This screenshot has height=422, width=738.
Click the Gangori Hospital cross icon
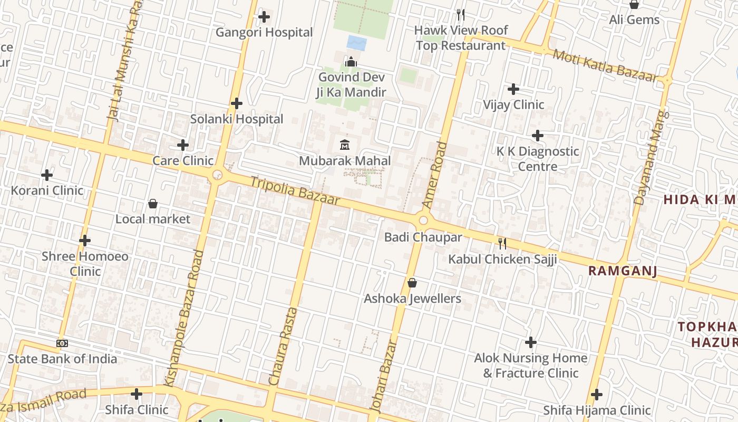click(x=264, y=17)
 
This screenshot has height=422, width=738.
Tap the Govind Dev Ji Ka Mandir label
click(x=351, y=84)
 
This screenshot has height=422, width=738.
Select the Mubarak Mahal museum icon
click(x=345, y=144)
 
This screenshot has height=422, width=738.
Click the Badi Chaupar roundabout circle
click(x=423, y=220)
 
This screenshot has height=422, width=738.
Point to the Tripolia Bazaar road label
click(x=295, y=191)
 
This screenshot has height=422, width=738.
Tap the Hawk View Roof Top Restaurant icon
click(x=460, y=14)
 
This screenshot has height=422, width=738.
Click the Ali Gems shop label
click(x=634, y=20)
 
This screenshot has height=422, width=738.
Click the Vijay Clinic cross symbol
click(x=513, y=89)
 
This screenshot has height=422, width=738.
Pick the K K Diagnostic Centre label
click(x=538, y=159)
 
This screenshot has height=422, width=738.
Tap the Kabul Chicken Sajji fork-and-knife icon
click(x=502, y=243)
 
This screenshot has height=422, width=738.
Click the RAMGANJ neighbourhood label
click(x=623, y=271)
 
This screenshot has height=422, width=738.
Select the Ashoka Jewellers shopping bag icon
click(x=412, y=283)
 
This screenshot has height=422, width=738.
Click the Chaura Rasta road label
click(x=283, y=346)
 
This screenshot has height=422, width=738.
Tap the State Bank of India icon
click(x=62, y=343)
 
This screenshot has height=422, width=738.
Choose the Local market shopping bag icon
click(x=153, y=204)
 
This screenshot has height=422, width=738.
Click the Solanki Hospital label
click(x=237, y=119)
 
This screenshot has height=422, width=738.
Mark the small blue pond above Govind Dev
click(x=357, y=43)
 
